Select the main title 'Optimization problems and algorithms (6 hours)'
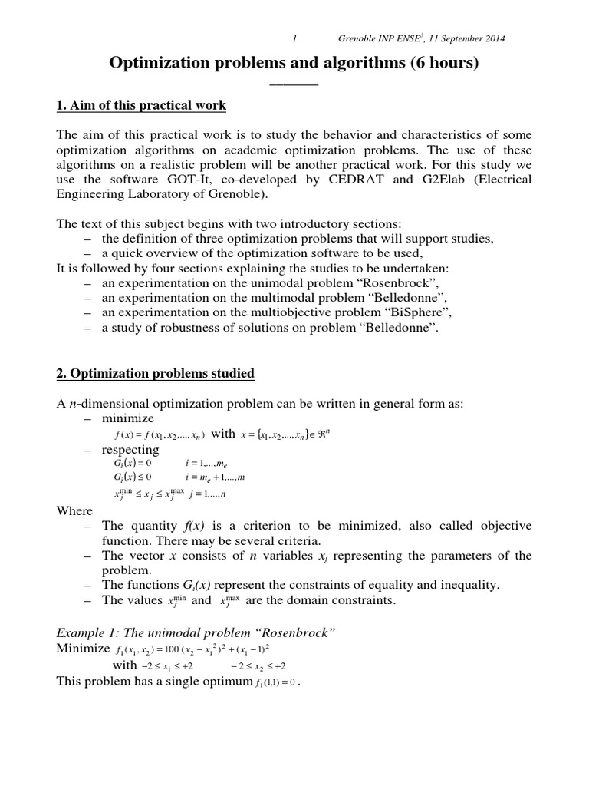pyautogui.click(x=294, y=64)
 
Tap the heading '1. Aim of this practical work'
pyautogui.click(x=141, y=104)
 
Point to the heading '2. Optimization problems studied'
pyautogui.click(x=156, y=374)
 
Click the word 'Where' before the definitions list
pyautogui.click(x=75, y=510)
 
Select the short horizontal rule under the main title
pyautogui.click(x=294, y=84)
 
